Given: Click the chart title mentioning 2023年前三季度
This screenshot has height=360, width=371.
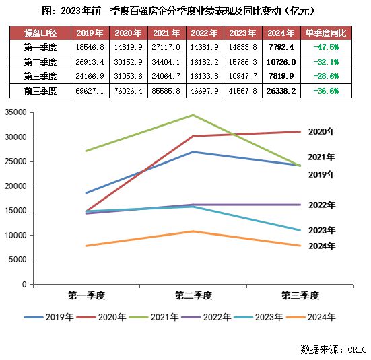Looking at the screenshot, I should click(x=186, y=11).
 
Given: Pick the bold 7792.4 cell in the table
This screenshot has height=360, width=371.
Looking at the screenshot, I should click(x=281, y=47).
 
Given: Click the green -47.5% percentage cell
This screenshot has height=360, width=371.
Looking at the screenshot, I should click(x=326, y=47).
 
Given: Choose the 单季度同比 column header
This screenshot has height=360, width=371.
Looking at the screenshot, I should click(x=326, y=33).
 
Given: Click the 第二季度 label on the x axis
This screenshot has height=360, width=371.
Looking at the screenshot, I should click(x=193, y=295).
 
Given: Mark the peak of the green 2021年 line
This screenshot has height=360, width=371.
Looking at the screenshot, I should click(x=193, y=115).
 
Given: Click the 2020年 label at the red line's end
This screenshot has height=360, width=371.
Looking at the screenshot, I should click(x=321, y=132).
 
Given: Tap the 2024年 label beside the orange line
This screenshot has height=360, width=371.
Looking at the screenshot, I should click(x=321, y=246).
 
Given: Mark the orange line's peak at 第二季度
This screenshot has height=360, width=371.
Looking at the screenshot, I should click(x=193, y=231).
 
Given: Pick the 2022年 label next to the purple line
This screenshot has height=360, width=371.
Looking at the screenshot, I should click(x=321, y=205).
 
